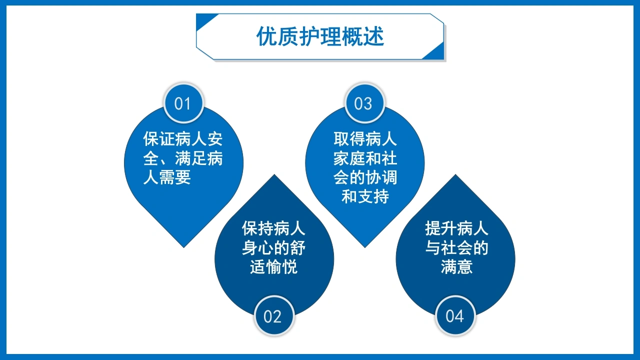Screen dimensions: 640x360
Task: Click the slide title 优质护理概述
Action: point(320,36)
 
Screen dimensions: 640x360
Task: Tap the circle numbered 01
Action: point(183,103)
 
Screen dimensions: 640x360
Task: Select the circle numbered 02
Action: point(274,316)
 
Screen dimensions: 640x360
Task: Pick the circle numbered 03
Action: point(364,103)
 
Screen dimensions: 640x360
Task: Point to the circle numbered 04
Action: point(455,316)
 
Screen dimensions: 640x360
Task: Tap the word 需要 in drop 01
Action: point(175,177)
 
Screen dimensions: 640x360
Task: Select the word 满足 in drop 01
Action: point(191,158)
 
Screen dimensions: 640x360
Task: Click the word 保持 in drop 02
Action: point(258,228)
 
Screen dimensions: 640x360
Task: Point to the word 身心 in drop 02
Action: point(258,247)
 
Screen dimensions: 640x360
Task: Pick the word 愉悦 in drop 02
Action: point(281,266)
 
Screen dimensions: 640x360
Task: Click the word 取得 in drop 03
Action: point(349,139)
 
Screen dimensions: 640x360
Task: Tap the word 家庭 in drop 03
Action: point(349,158)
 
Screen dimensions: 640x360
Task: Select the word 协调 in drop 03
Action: point(381,177)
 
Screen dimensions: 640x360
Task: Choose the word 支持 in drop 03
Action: point(373,196)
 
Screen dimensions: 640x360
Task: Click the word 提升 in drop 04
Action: point(441,228)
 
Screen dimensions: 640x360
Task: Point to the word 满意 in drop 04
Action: point(456,266)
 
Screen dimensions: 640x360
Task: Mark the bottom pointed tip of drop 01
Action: point(183,247)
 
